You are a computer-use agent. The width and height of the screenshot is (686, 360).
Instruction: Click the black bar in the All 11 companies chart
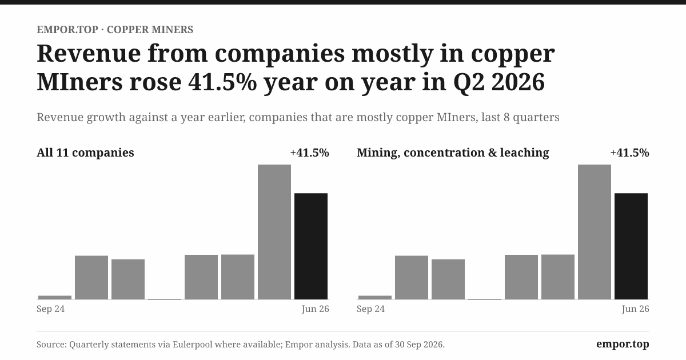click(311, 246)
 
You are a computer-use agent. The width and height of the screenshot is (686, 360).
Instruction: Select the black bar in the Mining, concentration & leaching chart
click(631, 246)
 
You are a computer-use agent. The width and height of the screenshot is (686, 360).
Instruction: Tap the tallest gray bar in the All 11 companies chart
click(274, 232)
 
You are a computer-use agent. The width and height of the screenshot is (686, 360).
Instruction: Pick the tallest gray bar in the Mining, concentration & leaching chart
click(595, 232)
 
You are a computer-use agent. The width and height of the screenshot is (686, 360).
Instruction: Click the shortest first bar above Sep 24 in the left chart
click(55, 298)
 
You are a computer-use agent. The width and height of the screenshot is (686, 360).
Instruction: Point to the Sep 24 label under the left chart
click(50, 309)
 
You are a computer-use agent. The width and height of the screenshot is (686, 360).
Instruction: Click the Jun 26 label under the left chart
click(315, 309)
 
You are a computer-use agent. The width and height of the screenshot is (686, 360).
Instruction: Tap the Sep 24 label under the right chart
click(370, 309)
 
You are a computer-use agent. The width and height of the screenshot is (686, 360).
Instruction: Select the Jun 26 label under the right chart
click(635, 309)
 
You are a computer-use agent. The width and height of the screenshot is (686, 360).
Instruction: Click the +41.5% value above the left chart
click(310, 153)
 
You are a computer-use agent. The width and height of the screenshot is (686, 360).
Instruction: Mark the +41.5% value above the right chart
click(629, 153)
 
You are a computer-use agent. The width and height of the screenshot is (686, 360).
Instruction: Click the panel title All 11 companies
click(85, 153)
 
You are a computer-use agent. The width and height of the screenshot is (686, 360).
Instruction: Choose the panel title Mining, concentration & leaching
click(453, 153)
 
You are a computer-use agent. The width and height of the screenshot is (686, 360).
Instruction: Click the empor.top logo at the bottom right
click(623, 345)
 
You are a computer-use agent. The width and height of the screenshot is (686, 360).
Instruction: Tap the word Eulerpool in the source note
click(192, 345)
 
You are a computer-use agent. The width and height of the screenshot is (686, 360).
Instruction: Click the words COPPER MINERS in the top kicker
click(150, 30)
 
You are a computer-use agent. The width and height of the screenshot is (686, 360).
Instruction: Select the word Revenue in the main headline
click(89, 54)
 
